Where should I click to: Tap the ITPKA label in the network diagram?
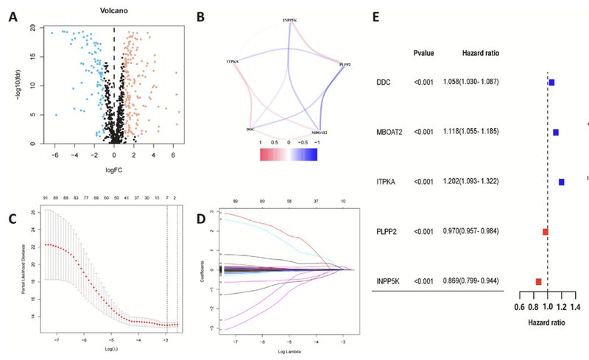coord(237,62)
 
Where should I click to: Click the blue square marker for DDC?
coord(551,83)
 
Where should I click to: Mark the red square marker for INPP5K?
coord(539,282)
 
